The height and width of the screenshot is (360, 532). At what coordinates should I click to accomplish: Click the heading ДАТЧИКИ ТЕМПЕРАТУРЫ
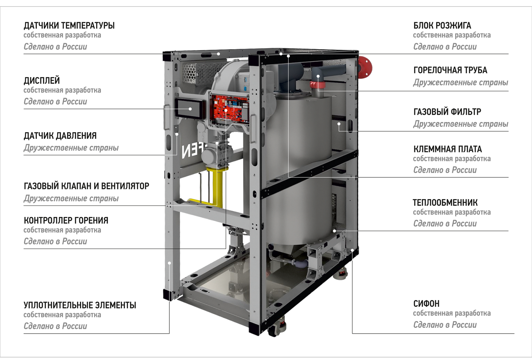point(69,25)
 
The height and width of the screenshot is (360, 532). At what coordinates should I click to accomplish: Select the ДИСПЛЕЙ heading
point(42,81)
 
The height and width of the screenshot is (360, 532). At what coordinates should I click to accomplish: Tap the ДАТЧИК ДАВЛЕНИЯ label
point(60,136)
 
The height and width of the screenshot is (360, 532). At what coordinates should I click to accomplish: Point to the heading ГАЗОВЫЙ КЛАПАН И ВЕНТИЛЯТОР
point(86,186)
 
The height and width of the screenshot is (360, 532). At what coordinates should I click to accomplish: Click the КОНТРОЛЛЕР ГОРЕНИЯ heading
point(66,220)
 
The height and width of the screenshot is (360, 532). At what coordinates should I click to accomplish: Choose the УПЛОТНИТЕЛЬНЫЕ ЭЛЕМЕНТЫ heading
point(80,305)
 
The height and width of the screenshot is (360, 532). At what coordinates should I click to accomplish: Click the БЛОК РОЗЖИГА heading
point(442,25)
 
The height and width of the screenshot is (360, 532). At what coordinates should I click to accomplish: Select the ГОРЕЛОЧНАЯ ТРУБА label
point(450,70)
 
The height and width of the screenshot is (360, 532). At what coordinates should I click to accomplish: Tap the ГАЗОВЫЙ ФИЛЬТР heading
point(447,112)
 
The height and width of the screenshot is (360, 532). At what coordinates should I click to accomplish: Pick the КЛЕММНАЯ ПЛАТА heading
point(448,149)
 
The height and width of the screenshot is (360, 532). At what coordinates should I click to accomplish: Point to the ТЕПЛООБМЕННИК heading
point(445,203)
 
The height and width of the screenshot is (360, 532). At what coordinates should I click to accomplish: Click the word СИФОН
point(426,304)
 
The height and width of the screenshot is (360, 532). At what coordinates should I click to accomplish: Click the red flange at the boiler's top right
point(365,67)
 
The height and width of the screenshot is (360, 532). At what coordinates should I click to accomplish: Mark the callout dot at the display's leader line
point(190,109)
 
